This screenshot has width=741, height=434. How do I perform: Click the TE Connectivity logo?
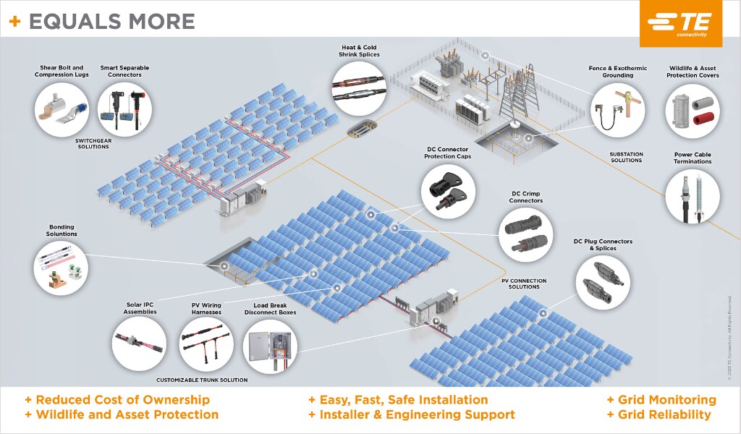pyautogui.click(x=680, y=24)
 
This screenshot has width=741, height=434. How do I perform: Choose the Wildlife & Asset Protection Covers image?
pyautogui.click(x=693, y=111)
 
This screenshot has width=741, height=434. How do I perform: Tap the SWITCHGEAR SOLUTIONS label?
pyautogui.click(x=93, y=143)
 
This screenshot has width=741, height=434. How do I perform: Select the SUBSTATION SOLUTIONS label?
pyautogui.click(x=626, y=157)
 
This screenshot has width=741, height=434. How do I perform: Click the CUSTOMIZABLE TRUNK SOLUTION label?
pyautogui.click(x=202, y=380)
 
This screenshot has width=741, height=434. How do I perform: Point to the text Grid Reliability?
pyautogui.click(x=659, y=414)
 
